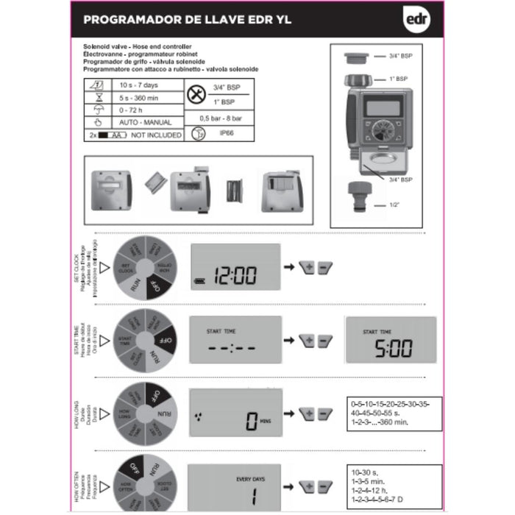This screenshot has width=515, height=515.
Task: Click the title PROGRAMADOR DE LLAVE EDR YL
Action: [x=187, y=20]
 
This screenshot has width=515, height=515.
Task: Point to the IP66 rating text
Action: [x=224, y=134]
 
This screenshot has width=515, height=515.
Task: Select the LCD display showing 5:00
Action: [x=390, y=340]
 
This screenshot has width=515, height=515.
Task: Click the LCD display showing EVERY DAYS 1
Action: [x=235, y=486]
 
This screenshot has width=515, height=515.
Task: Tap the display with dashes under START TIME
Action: [x=235, y=340]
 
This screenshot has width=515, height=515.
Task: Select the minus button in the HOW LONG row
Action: [x=325, y=414]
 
